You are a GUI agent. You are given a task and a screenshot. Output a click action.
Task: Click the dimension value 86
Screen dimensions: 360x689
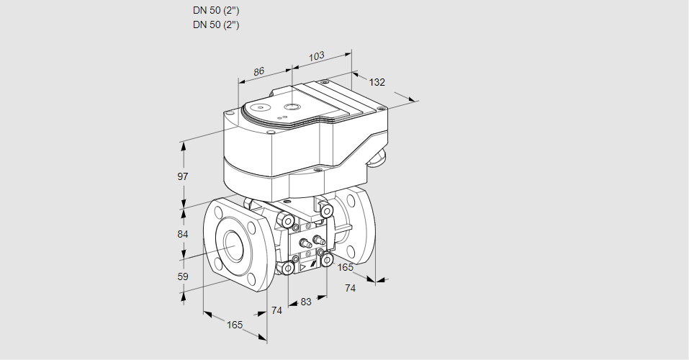click(258, 71)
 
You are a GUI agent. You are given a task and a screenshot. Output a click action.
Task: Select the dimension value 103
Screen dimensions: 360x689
click(316, 55)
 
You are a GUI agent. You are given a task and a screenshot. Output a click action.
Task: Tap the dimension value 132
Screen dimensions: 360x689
click(377, 82)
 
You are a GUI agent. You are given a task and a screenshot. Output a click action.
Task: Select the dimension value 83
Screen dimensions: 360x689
click(306, 302)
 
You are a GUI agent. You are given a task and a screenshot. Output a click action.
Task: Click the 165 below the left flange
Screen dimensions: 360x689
click(235, 325)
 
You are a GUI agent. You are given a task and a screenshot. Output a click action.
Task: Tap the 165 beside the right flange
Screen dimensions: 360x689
click(346, 268)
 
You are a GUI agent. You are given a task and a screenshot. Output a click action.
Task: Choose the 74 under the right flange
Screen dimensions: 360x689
click(351, 288)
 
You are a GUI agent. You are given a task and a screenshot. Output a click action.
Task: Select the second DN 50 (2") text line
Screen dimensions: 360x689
click(216, 24)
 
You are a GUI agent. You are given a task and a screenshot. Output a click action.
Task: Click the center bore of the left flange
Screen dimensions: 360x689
click(234, 247)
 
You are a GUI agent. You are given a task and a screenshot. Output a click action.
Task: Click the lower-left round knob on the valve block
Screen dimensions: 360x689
click(288, 269)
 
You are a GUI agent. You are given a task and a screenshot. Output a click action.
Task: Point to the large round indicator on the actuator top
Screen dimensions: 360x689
click(291, 107)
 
